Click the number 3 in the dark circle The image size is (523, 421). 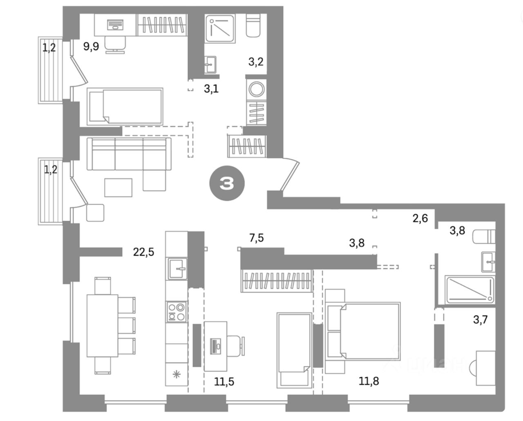tap(227, 184)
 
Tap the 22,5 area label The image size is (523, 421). tap(144, 252)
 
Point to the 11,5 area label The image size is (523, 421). tap(224, 382)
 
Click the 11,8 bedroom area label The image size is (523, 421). tap(369, 381)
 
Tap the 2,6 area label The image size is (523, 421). tap(420, 219)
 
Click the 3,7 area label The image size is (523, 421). tap(481, 319)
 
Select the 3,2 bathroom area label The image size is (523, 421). tap(256, 63)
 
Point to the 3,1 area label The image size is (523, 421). tap(211, 88)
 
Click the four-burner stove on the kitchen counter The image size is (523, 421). tap(176, 311)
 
